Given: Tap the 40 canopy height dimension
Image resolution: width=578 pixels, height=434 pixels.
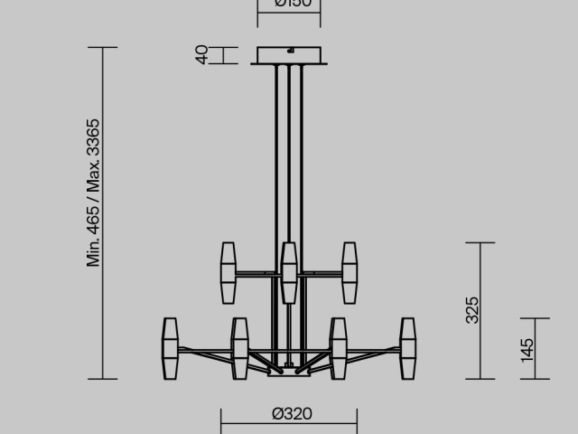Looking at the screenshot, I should (x=203, y=55).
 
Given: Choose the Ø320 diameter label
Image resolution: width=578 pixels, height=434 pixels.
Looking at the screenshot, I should (x=291, y=414).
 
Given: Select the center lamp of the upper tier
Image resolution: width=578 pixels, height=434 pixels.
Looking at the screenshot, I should (x=289, y=272).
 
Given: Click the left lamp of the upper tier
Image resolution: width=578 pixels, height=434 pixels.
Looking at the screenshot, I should (x=228, y=272).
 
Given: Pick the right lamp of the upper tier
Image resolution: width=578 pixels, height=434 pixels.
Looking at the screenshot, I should (x=350, y=272).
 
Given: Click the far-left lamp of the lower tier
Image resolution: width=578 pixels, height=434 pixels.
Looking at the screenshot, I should (x=170, y=349).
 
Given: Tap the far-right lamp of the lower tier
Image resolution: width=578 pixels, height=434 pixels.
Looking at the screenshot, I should (x=407, y=349).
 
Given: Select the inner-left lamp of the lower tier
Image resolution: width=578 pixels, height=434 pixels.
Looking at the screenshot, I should (x=239, y=349).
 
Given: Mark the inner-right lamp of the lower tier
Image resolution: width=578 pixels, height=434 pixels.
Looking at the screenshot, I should (x=339, y=349).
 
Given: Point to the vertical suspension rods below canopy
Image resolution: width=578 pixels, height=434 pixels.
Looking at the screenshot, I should (x=290, y=154).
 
